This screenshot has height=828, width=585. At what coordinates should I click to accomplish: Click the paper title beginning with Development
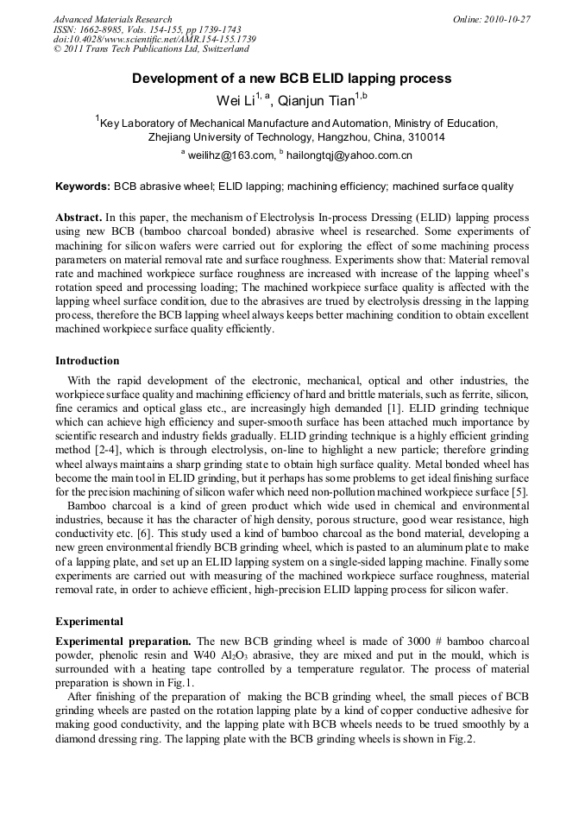coord(292,79)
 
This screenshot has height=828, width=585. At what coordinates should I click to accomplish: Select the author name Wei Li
coord(235,101)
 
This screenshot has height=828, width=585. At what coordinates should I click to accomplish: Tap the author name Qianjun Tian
coord(317,101)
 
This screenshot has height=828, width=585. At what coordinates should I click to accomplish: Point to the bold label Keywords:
coord(83,186)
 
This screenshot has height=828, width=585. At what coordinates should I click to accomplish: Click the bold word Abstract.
coord(79,218)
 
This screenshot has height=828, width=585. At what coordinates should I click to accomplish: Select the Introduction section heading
coord(87,360)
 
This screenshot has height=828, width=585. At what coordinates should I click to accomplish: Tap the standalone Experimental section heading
coord(89,621)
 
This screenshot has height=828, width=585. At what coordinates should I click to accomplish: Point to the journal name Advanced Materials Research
coord(112,19)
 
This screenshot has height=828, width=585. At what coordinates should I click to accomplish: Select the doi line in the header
coord(154,40)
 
